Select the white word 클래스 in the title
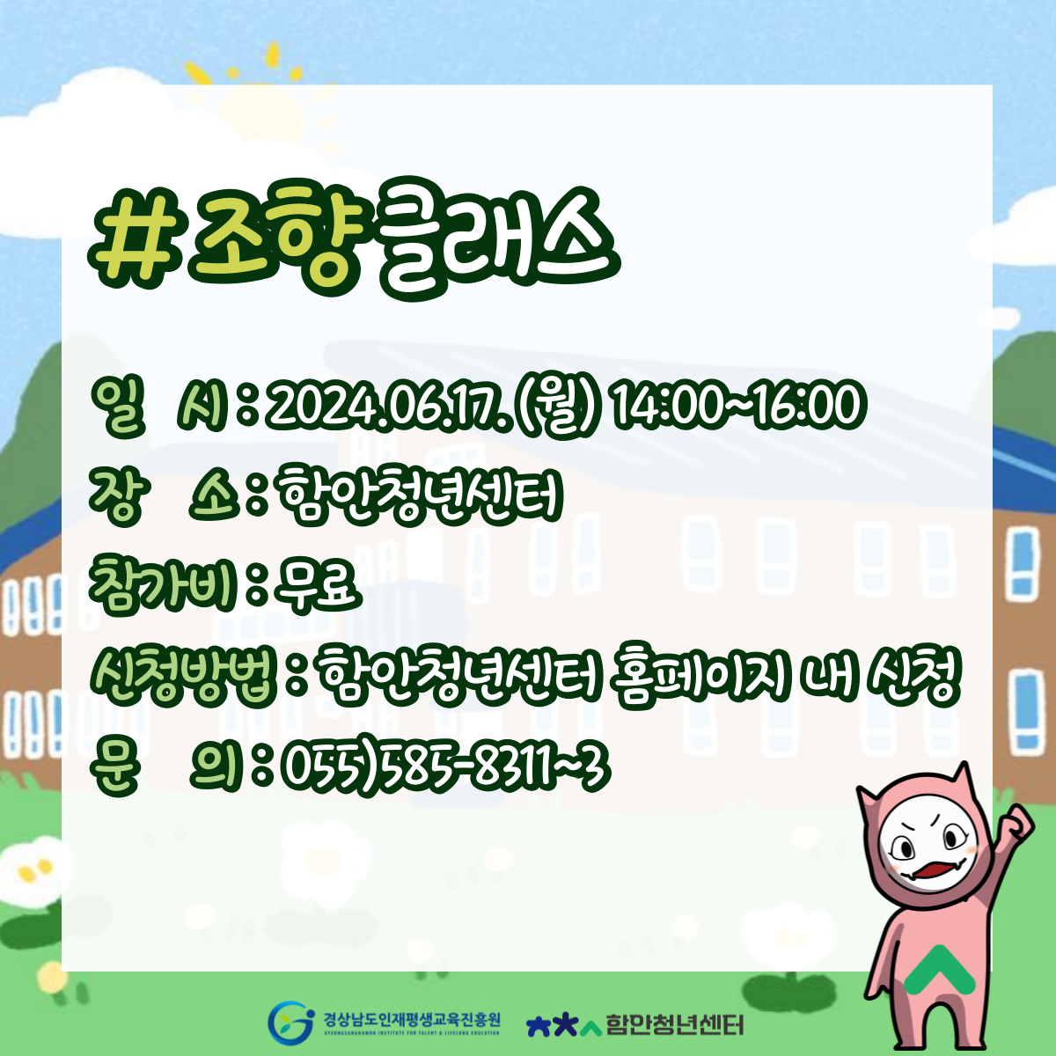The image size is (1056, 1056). (x=500, y=240)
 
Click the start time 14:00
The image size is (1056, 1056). (x=664, y=406)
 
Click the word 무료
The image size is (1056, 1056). (x=318, y=586)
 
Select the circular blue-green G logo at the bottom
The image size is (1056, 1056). (x=291, y=1022)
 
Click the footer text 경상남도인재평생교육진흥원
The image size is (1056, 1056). (x=411, y=1019)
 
